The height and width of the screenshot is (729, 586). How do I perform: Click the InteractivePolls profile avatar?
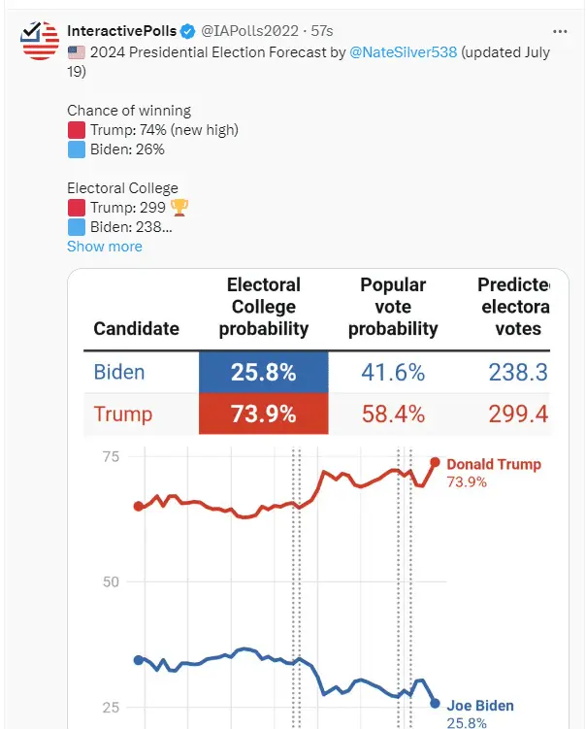40,40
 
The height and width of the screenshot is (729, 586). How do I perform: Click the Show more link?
104,247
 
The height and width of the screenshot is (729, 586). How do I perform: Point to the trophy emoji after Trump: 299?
179,208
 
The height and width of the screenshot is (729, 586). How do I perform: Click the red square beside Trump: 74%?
77,130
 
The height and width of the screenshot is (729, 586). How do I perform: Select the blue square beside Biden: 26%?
77,149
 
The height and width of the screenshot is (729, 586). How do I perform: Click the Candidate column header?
136,328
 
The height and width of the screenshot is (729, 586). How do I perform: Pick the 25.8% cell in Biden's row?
263,372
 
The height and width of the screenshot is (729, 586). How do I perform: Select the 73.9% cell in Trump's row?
263,414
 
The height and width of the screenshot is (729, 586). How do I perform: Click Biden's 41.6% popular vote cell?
393,372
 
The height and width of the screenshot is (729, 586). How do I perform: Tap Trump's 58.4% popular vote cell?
393,414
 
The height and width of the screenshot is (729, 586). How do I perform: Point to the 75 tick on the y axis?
111,457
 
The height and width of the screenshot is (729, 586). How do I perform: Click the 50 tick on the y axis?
111,581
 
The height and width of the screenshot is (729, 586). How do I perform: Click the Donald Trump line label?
493,464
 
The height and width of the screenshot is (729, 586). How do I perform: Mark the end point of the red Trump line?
436,462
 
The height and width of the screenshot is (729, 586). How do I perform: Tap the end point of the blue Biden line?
435,704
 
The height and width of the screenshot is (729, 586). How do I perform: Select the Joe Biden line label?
479,707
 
